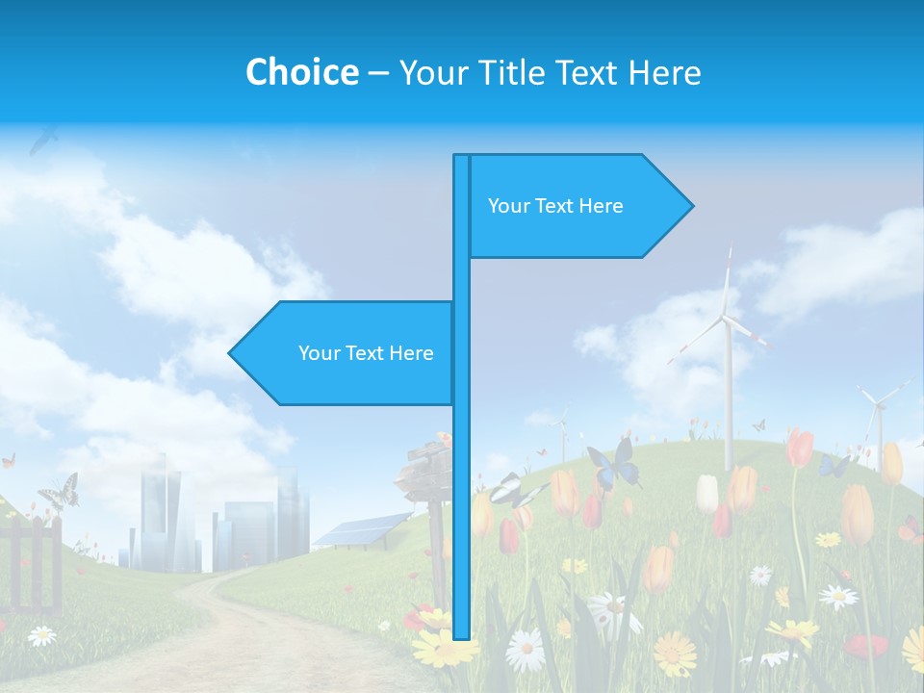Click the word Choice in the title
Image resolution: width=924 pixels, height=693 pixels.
301,73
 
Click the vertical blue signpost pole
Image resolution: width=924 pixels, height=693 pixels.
461,481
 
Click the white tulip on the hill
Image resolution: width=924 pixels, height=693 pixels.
707,493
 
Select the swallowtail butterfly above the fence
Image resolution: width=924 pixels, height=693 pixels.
60,492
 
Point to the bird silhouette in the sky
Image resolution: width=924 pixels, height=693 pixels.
43,141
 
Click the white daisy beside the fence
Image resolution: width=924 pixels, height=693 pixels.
41,635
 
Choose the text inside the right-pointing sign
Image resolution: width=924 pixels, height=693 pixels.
555,206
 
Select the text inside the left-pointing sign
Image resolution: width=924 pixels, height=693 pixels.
366,353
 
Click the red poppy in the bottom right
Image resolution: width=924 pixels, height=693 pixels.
866,646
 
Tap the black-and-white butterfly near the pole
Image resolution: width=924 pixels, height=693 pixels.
510,491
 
